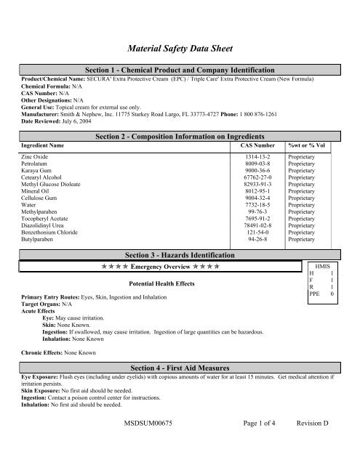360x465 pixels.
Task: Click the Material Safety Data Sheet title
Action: click(x=180, y=49)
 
